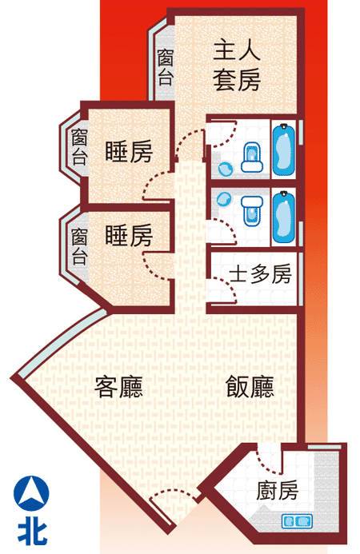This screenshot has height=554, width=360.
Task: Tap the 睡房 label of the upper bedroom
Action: coord(129,152)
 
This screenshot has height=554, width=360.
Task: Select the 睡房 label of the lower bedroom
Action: coord(129,235)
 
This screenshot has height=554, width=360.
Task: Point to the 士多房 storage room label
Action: coord(260,274)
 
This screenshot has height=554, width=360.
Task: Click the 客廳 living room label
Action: coord(118,387)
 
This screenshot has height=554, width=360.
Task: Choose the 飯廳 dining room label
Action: coord(250,387)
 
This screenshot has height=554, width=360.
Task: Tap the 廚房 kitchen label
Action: coord(278,491)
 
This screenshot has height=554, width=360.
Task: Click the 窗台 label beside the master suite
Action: coord(166,67)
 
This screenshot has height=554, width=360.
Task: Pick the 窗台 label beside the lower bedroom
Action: coord(79,246)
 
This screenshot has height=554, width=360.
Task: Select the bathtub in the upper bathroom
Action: coord(284,149)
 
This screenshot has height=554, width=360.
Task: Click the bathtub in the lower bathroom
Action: coord(284,217)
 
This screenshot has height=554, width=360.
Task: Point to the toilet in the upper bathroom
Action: coord(252,157)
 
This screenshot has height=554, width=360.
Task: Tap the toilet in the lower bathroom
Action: coord(252,211)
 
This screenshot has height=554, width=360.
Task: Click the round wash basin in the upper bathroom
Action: coord(226,169)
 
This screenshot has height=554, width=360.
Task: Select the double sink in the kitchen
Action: coord(297,521)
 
